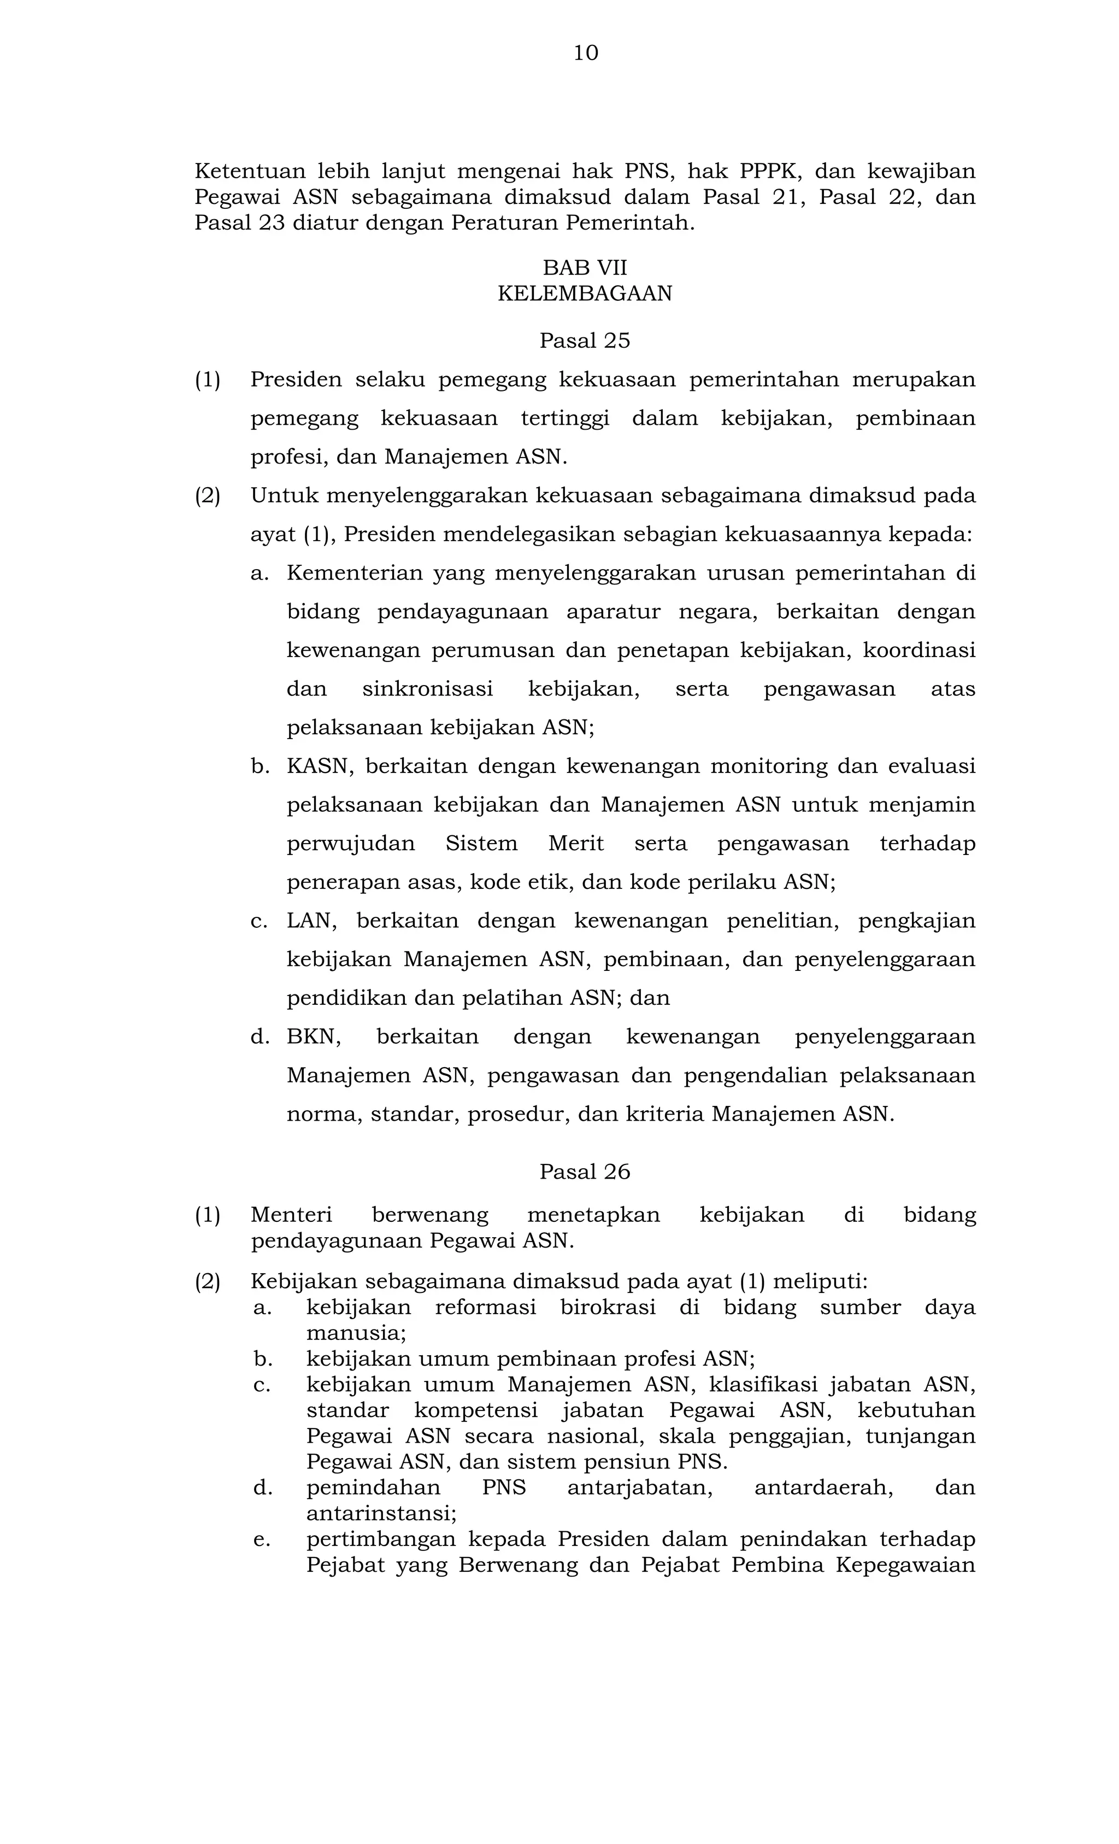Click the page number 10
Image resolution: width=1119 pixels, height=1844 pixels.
click(585, 53)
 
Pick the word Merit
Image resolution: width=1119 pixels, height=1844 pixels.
click(575, 844)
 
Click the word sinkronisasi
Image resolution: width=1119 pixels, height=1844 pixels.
click(427, 688)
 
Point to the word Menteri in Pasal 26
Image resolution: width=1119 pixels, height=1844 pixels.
click(291, 1215)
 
